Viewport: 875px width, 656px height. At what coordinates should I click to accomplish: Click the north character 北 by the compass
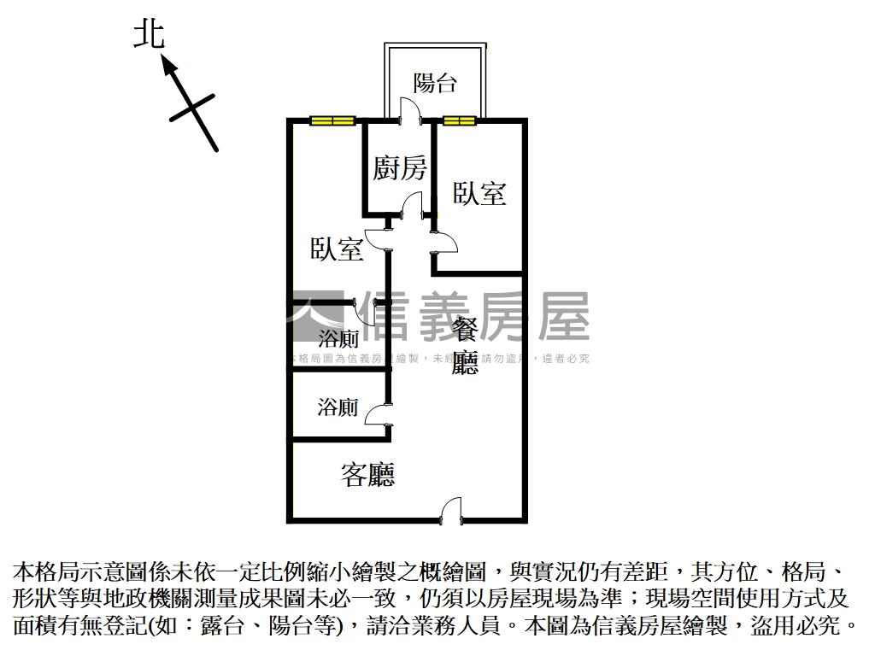(x=149, y=35)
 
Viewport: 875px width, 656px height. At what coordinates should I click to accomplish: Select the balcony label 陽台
(x=435, y=83)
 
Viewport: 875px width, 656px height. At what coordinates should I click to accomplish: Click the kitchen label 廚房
(x=399, y=168)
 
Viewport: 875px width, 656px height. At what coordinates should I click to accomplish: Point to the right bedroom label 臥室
(x=479, y=194)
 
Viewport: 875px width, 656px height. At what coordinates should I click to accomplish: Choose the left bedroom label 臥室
(x=337, y=249)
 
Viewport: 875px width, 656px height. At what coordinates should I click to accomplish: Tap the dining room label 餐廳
(x=465, y=347)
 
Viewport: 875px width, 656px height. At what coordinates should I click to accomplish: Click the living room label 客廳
(x=368, y=475)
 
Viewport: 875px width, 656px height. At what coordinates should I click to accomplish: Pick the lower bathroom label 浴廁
(x=338, y=407)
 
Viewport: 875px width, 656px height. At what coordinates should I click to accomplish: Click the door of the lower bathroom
(x=379, y=414)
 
